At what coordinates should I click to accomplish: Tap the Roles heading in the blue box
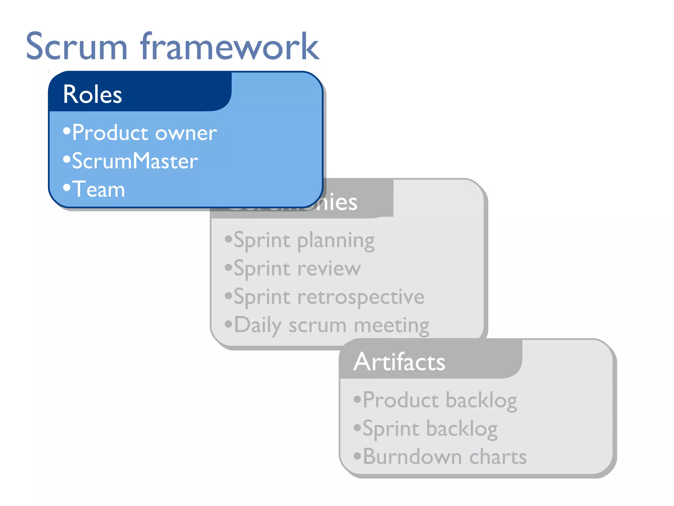click(92, 95)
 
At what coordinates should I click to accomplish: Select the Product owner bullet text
click(144, 133)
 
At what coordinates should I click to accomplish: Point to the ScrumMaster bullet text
click(135, 161)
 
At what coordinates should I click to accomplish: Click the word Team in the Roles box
click(99, 189)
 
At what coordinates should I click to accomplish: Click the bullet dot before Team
click(67, 187)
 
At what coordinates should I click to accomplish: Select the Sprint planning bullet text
click(304, 240)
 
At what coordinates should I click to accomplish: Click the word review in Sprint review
click(329, 268)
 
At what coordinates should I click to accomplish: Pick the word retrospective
click(361, 297)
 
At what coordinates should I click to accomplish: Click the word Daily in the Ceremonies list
click(258, 325)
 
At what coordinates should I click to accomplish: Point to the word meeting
click(392, 325)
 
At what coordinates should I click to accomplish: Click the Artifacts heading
click(399, 362)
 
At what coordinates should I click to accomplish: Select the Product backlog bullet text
click(440, 400)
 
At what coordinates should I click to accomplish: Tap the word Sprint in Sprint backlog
click(391, 429)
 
